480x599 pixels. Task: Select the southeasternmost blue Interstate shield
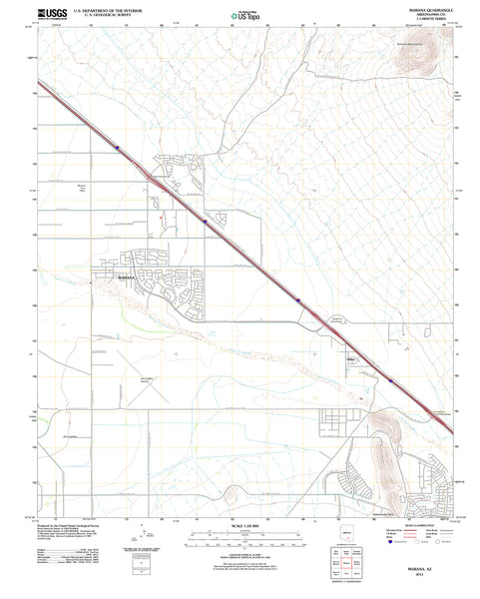coord(392,380)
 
